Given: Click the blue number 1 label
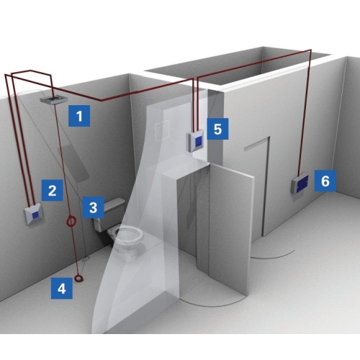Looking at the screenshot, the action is tap(79, 116).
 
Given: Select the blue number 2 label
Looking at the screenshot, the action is tap(53, 190).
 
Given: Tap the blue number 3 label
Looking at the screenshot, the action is tap(93, 207).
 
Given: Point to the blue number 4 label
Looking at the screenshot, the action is tap(62, 288).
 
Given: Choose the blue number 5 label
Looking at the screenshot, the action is tap(217, 129).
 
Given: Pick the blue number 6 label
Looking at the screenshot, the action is tap(325, 181).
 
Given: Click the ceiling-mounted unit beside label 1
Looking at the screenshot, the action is tap(54, 99).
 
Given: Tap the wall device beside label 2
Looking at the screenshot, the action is tap(34, 215).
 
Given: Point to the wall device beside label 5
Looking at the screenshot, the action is tap(196, 140).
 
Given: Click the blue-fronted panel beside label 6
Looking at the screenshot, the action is tap(300, 184).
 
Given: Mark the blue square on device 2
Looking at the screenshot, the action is tap(35, 215).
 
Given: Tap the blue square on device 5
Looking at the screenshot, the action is tap(199, 141).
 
